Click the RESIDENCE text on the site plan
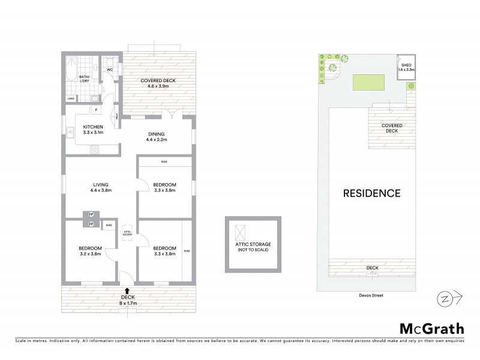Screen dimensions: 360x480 [x=371, y=194]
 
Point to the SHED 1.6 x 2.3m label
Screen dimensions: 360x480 [x=406, y=68]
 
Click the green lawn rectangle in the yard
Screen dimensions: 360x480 [x=368, y=83]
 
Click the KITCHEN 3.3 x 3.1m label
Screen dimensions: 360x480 [x=94, y=130]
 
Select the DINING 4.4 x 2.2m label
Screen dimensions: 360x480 [x=155, y=137]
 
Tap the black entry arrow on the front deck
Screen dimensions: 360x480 [x=127, y=290]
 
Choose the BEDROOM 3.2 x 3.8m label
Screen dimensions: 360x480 [x=90, y=251]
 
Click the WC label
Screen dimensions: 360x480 [x=110, y=70]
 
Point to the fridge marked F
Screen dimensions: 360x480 [x=96, y=110]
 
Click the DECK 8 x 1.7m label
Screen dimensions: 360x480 [x=129, y=301]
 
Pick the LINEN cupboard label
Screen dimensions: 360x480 [x=71, y=98]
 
